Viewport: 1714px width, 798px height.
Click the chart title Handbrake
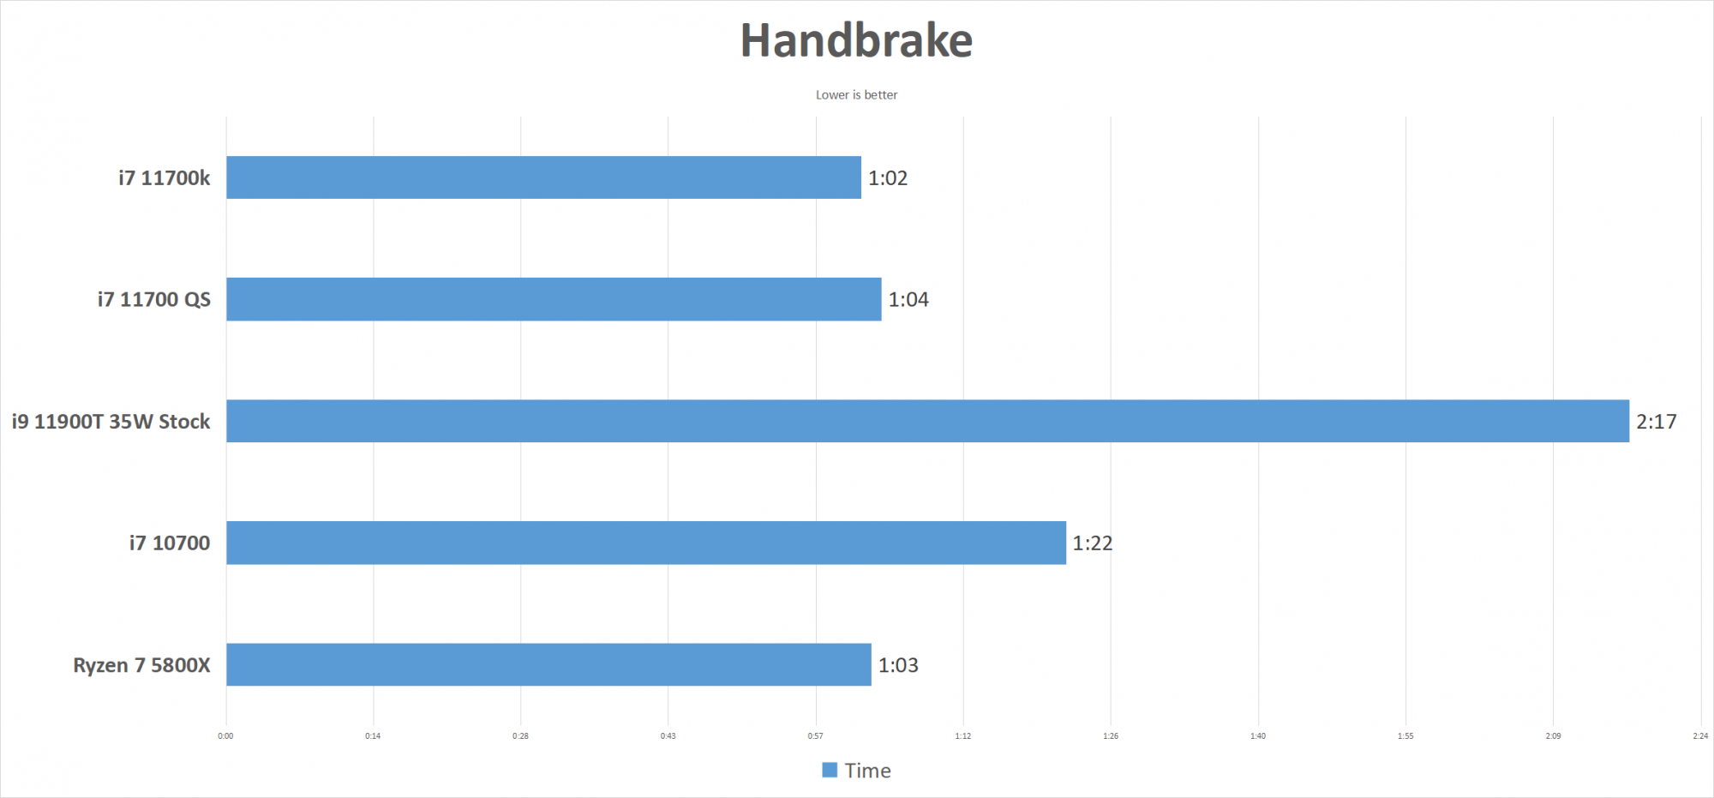click(856, 40)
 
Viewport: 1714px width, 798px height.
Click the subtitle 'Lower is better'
click(856, 95)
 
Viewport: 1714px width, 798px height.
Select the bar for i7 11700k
click(543, 177)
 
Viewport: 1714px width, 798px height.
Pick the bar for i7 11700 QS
click(554, 299)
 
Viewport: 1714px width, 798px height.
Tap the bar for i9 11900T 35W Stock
click(927, 421)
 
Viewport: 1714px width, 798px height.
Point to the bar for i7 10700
click(646, 543)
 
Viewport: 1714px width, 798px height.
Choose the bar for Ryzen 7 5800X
click(548, 664)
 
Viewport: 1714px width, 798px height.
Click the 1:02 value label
click(888, 178)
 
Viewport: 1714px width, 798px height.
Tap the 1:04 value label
click(908, 300)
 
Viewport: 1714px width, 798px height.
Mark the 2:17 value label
click(1657, 422)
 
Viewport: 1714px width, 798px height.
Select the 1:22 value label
click(1093, 543)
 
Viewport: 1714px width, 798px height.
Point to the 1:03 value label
click(898, 665)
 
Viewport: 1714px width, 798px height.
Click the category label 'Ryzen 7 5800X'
click(141, 665)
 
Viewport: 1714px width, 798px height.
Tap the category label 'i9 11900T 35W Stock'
click(111, 422)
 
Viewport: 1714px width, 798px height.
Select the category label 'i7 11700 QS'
click(153, 300)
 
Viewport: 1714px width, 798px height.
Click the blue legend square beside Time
click(830, 770)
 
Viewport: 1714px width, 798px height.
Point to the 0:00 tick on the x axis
click(225, 735)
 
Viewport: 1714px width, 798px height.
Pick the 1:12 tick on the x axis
click(963, 735)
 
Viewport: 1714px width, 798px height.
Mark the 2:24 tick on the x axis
click(1700, 735)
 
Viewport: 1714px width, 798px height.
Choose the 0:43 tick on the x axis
click(668, 735)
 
